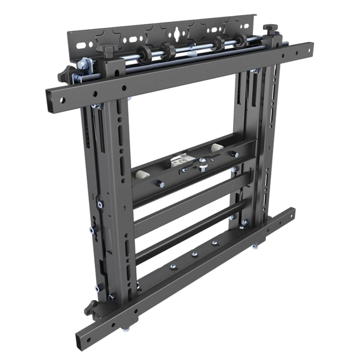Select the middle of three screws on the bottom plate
pos(194,254)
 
